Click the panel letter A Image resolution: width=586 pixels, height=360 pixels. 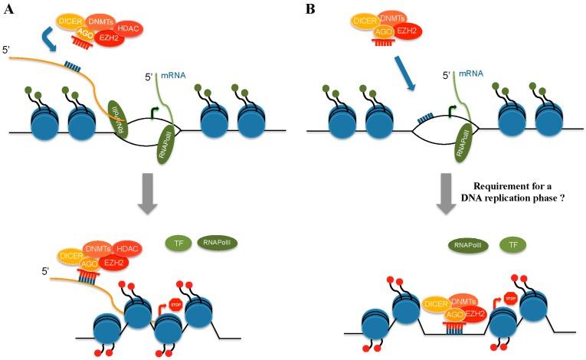click(x=9, y=10)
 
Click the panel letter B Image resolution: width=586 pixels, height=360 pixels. click(x=310, y=10)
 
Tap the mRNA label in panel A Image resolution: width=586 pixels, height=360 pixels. click(x=173, y=76)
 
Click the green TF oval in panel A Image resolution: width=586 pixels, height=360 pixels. click(x=177, y=244)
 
